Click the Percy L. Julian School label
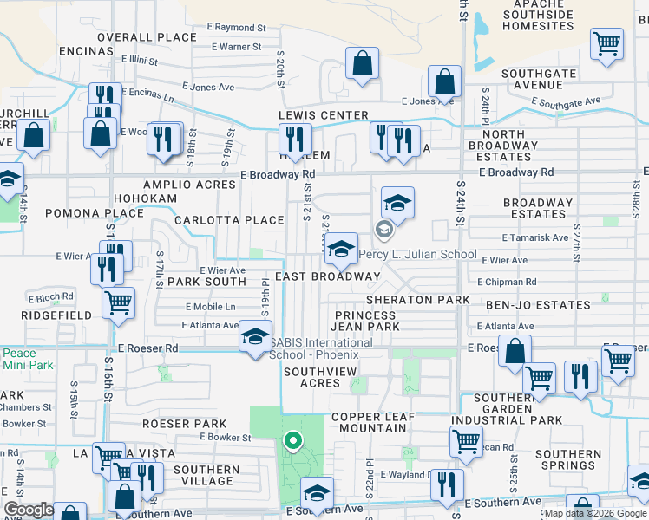click(417, 255)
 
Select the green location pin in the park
click(293, 442)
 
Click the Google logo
click(29, 510)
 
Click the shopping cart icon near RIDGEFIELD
click(118, 302)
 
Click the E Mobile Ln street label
click(211, 307)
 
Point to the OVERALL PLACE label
click(147, 37)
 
